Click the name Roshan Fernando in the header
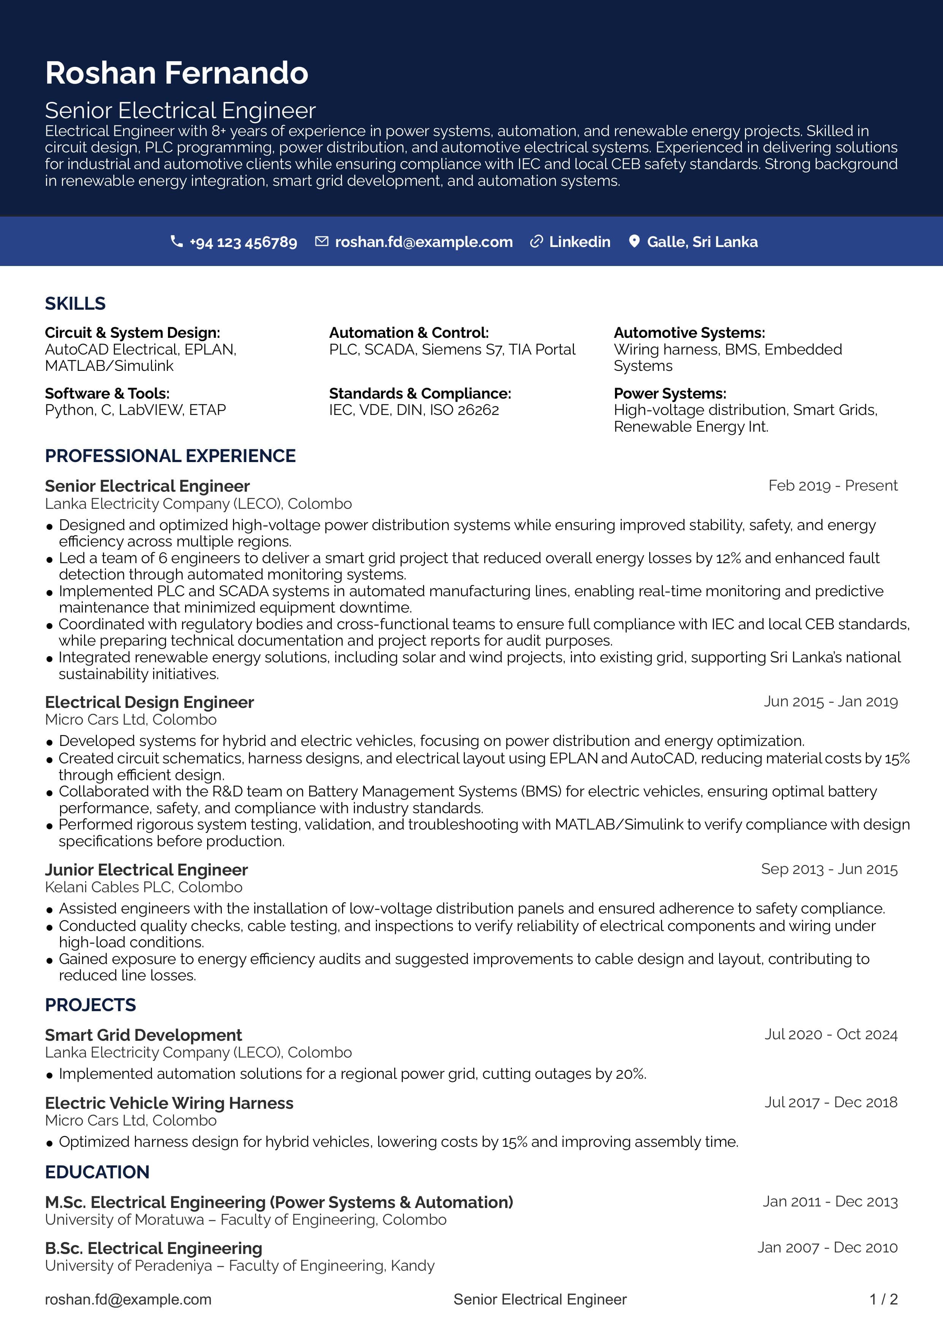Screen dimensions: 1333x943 176,73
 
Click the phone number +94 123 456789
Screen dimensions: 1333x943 243,242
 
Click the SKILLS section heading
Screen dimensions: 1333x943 76,303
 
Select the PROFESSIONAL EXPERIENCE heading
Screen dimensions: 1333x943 170,456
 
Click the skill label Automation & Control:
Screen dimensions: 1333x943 409,332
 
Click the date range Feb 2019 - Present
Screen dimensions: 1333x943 833,485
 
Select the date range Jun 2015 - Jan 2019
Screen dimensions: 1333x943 830,701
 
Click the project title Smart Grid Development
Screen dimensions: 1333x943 143,1035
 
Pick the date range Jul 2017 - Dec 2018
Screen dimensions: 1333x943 830,1102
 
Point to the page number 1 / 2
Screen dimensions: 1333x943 883,1299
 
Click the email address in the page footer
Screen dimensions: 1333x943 128,1299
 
